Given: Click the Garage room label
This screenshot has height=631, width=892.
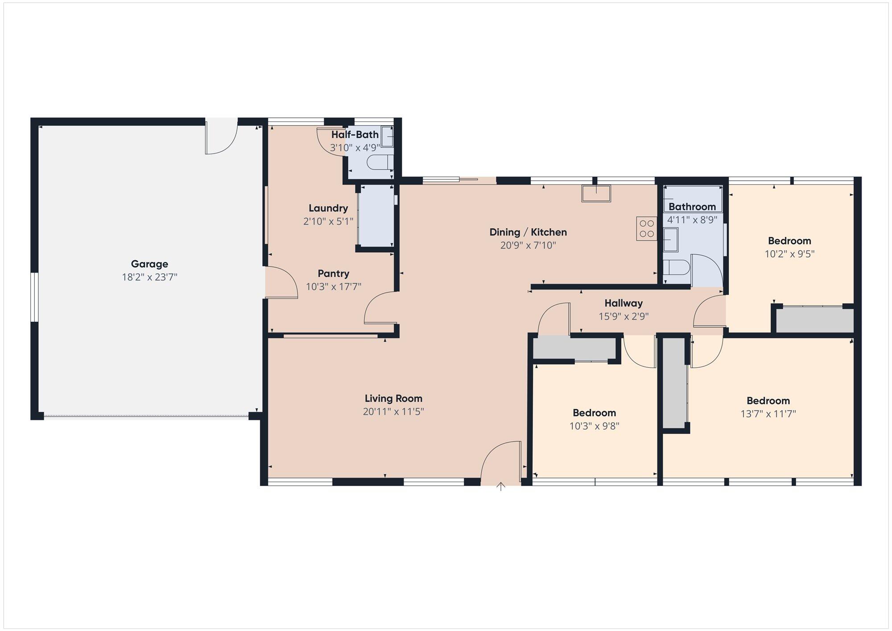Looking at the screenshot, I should point(149,264).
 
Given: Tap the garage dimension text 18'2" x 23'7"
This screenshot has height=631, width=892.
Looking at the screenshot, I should point(149,277).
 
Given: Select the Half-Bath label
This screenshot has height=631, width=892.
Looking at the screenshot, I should point(355,134).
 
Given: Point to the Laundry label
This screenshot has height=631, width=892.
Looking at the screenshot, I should point(328,208).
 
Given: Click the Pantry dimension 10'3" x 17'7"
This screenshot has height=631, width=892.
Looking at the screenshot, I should point(334,286).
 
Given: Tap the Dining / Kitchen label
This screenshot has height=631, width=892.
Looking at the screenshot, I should point(528,232).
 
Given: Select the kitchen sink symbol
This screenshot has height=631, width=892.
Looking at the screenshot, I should point(596,194).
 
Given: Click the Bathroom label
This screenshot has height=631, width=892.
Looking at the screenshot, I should point(692,207).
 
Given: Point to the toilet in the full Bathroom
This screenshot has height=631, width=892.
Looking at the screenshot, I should point(676,268).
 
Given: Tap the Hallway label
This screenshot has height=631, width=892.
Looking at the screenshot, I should point(624,303).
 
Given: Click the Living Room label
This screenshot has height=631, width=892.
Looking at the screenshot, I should point(393,399).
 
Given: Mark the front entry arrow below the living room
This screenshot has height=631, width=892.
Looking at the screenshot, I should point(501,486).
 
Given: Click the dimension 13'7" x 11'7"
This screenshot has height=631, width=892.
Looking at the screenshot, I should point(768,414).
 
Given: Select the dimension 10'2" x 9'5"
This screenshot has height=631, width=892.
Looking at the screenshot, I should point(789,254).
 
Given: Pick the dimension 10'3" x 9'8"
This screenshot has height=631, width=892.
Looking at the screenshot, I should point(594,426).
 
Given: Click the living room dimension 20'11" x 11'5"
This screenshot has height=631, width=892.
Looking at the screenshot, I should point(393,411).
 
